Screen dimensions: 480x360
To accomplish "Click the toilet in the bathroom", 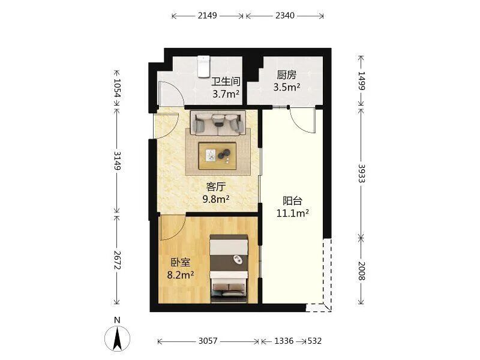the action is pyautogui.click(x=204, y=67).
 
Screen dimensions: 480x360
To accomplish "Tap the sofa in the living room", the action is pyautogui.click(x=218, y=123).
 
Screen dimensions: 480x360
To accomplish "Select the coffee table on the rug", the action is pyautogui.click(x=218, y=156).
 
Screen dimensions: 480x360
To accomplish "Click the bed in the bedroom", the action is pyautogui.click(x=229, y=269).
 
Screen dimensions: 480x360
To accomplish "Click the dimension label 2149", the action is pyautogui.click(x=207, y=16).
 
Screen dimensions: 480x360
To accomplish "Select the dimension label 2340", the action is pyautogui.click(x=284, y=16).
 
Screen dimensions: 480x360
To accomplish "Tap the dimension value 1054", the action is pyautogui.click(x=116, y=88).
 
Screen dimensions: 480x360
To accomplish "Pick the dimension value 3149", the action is pyautogui.click(x=116, y=161).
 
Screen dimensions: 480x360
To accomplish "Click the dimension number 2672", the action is pyautogui.click(x=116, y=260).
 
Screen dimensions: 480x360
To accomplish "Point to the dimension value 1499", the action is pyautogui.click(x=362, y=80).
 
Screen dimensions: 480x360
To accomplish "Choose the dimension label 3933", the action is pyautogui.click(x=362, y=173).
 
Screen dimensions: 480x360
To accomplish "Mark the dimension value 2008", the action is pyautogui.click(x=362, y=271).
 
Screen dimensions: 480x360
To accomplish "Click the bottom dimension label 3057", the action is pyautogui.click(x=208, y=341).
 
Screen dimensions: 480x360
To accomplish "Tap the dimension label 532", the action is pyautogui.click(x=314, y=341).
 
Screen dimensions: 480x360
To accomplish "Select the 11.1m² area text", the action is pyautogui.click(x=292, y=213).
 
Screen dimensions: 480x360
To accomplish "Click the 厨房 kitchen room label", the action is pyautogui.click(x=287, y=74).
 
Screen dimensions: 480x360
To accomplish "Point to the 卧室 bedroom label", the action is pyautogui.click(x=181, y=262).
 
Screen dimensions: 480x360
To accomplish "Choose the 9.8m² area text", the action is pyautogui.click(x=216, y=199).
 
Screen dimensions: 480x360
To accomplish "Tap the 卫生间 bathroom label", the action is pyautogui.click(x=226, y=82).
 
